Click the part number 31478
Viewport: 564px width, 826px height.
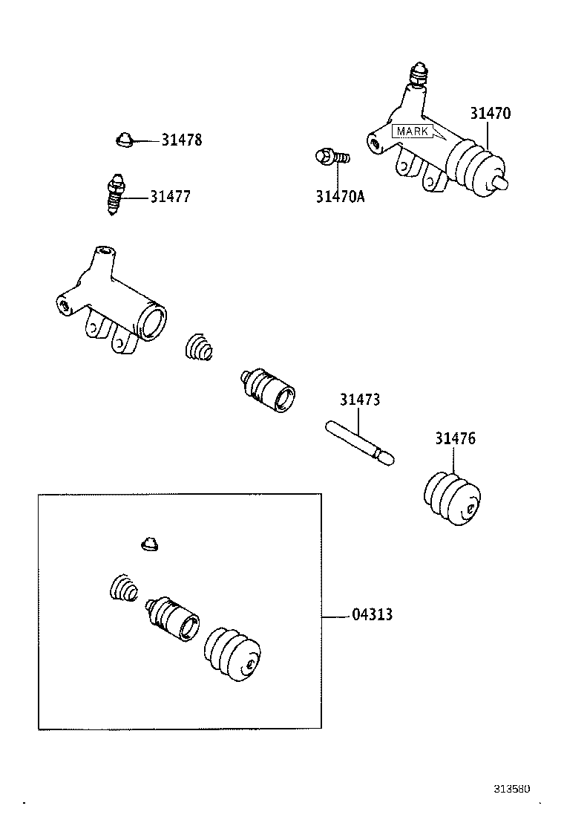click(182, 140)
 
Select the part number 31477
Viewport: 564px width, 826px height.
click(170, 197)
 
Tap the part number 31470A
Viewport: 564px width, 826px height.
click(340, 197)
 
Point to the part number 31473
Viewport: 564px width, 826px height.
click(360, 400)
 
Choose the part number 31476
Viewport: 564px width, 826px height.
click(455, 438)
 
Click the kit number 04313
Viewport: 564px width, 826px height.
click(372, 615)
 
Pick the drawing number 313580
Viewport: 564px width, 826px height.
click(513, 789)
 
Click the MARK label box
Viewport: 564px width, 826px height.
click(413, 131)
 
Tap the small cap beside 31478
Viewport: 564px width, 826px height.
click(124, 139)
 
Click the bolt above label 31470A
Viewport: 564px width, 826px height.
click(332, 157)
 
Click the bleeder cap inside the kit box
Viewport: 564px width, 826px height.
click(150, 544)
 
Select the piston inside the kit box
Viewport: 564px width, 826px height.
click(174, 617)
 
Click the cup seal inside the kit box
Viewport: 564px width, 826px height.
click(123, 588)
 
